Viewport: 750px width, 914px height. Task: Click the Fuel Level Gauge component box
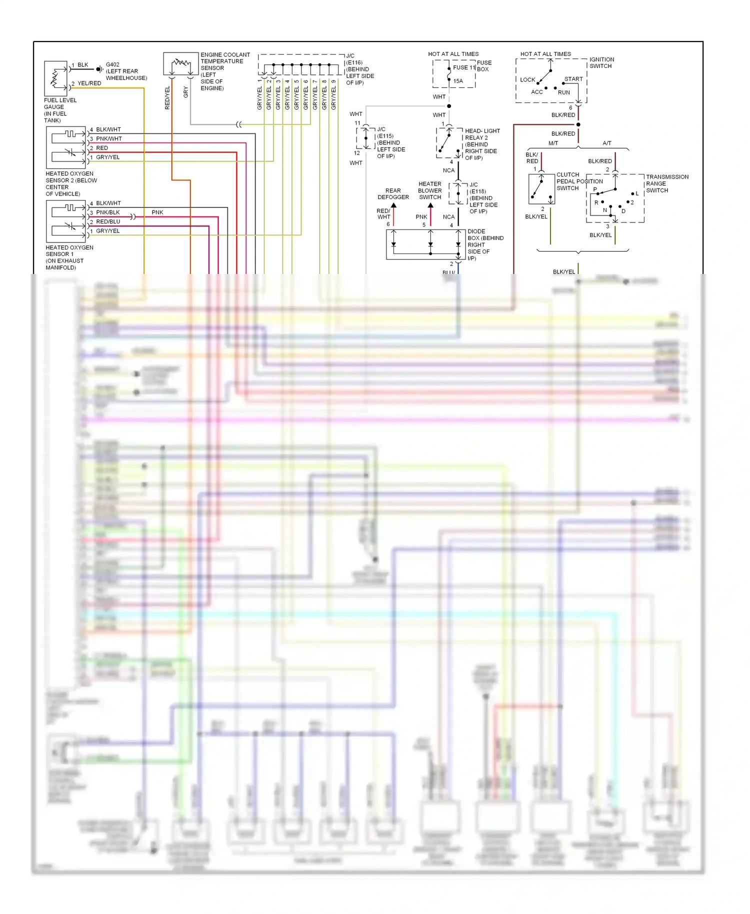click(55, 78)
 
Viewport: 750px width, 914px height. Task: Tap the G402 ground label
click(112, 64)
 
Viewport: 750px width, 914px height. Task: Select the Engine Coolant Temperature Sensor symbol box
click(180, 63)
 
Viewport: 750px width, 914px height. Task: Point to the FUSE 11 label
click(464, 67)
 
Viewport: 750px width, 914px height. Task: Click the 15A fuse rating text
click(458, 81)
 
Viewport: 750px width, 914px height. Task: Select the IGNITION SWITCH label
click(601, 62)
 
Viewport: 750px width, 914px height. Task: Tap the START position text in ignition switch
click(573, 79)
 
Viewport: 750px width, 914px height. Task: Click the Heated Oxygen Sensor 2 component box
click(66, 147)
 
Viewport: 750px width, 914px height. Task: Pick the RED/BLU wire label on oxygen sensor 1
click(108, 221)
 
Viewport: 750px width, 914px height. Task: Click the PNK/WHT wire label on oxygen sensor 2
click(109, 138)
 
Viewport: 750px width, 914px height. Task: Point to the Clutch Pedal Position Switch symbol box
click(541, 189)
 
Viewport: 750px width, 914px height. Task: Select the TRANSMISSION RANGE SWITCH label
click(667, 183)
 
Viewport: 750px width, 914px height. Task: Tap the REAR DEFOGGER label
click(393, 194)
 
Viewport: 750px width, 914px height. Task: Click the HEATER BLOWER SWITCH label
click(430, 190)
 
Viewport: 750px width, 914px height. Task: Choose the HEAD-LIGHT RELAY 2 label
click(482, 134)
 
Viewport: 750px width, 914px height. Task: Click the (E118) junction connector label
click(477, 191)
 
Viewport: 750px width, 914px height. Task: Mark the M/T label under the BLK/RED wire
click(553, 143)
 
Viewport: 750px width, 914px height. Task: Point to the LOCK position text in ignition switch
click(527, 79)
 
